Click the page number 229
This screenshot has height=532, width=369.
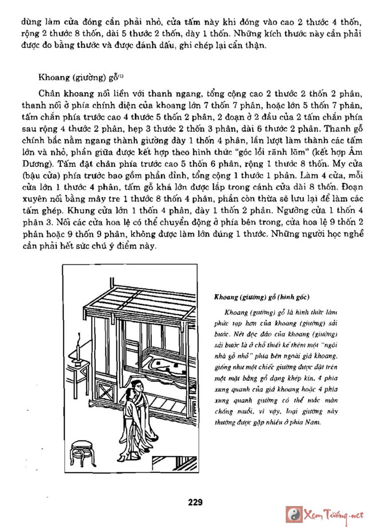click(195, 502)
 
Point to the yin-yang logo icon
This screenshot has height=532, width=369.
click(294, 515)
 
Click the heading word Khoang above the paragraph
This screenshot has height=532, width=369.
click(52, 78)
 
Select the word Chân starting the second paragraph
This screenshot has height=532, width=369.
click(49, 93)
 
